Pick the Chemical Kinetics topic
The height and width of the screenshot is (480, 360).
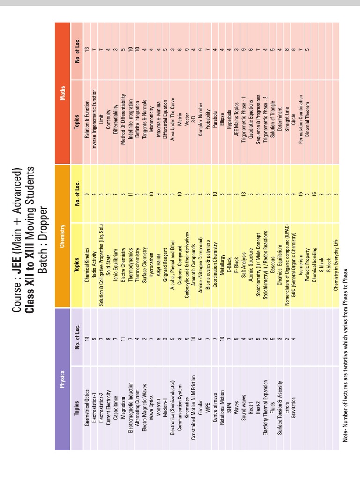(x=87, y=264)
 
